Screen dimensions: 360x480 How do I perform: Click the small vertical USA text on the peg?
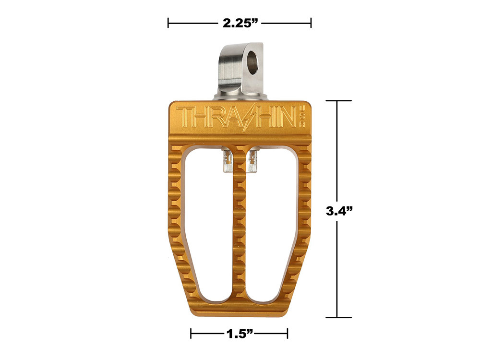[303, 116]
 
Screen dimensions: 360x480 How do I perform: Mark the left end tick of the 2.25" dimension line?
[168, 23]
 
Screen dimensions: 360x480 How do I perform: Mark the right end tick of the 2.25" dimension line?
[311, 23]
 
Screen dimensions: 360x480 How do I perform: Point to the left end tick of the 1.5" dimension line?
[191, 334]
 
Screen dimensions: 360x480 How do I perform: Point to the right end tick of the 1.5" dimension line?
[287, 334]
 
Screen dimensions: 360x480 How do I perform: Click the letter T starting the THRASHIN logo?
[184, 117]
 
